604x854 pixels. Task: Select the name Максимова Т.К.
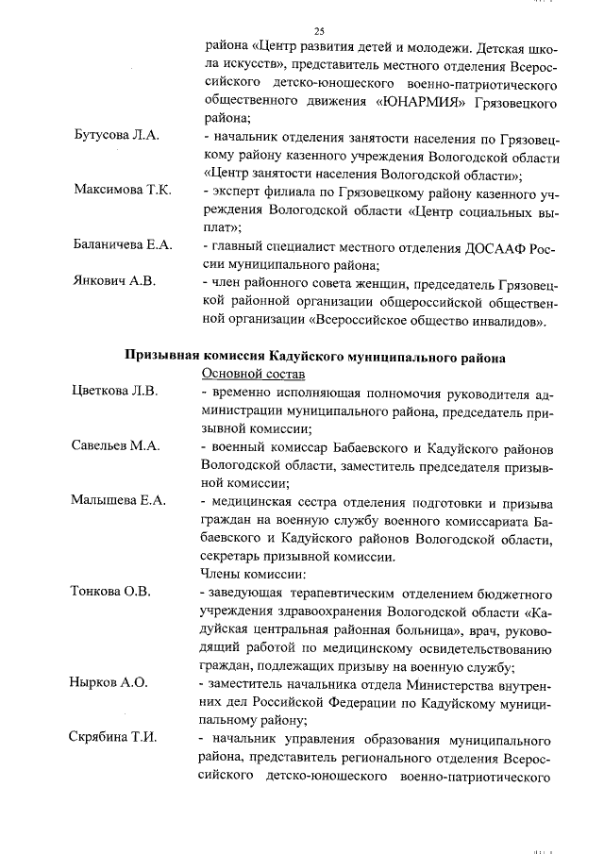(122, 191)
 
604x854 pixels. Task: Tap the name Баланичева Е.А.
(123, 245)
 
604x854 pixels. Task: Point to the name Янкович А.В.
(114, 281)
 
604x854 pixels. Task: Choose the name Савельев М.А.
(116, 445)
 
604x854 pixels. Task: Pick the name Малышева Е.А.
(119, 500)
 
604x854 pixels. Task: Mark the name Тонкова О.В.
(111, 592)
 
